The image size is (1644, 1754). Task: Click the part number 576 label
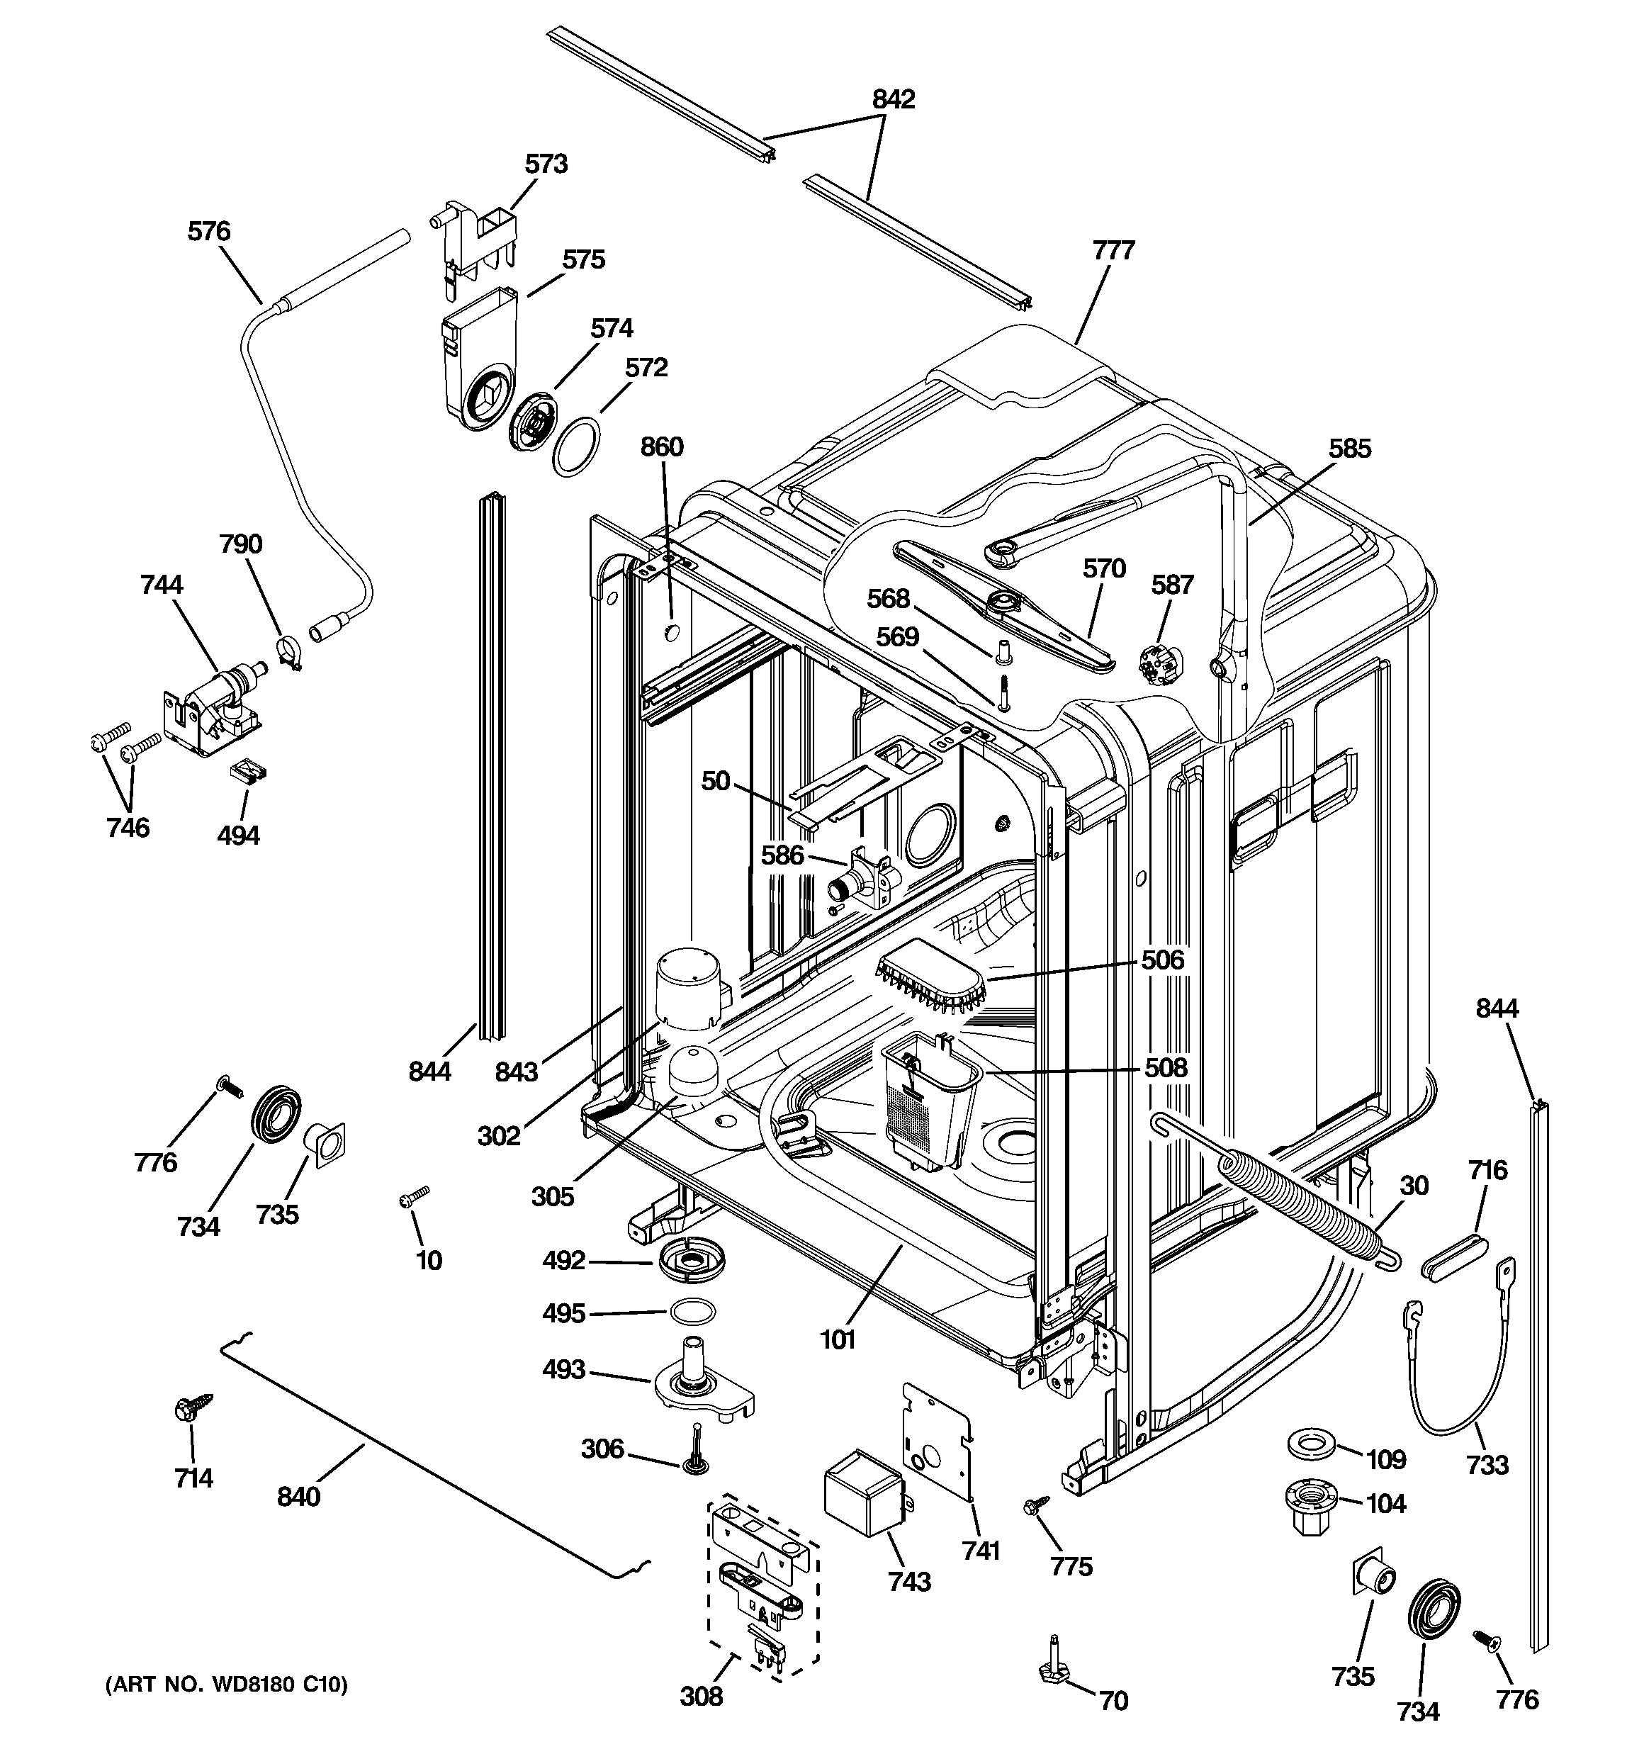208,232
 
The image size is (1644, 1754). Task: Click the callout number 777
1113,252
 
